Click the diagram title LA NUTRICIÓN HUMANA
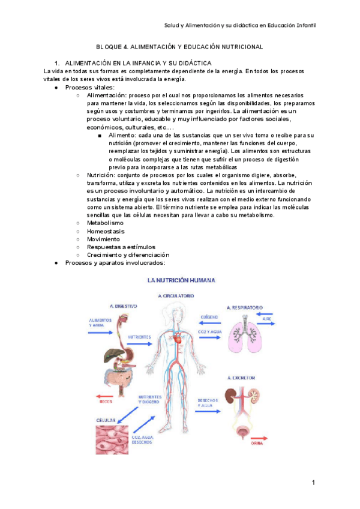click(183, 280)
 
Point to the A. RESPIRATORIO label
click(245, 307)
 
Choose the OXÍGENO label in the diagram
click(208, 316)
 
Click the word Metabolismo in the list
click(105, 223)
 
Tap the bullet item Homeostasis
click(106, 230)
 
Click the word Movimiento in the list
click(104, 238)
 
